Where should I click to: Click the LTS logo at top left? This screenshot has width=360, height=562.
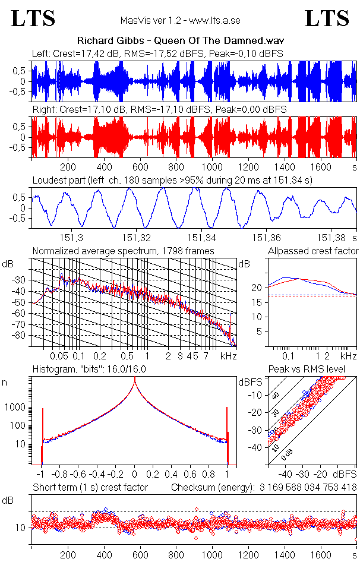(x=33, y=18)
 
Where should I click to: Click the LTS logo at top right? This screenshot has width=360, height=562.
(x=327, y=18)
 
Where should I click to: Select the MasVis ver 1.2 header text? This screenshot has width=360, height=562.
(x=179, y=21)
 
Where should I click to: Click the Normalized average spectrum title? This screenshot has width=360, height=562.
(x=123, y=251)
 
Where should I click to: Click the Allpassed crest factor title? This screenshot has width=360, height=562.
(x=313, y=251)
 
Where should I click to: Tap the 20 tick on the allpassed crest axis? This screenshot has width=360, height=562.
(x=257, y=288)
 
